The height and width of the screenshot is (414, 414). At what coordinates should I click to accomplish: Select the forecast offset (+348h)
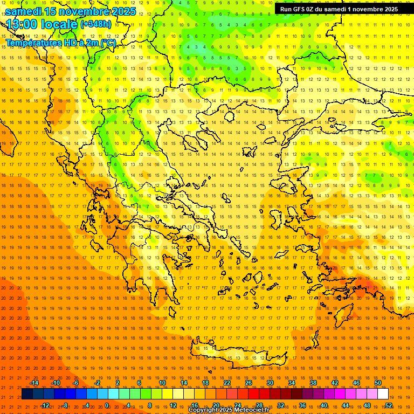click(x=95, y=24)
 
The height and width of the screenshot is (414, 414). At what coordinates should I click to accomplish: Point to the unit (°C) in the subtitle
click(x=108, y=43)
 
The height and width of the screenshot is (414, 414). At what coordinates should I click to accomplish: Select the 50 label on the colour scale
click(x=378, y=383)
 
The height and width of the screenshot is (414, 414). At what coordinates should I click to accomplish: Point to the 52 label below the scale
click(x=389, y=405)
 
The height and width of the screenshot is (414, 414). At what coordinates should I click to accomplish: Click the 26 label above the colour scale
click(x=249, y=383)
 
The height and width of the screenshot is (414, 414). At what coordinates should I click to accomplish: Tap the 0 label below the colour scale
click(x=107, y=405)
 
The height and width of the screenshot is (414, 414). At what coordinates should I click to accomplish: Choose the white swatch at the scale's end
click(x=383, y=394)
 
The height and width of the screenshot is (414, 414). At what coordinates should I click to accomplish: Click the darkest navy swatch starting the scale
click(x=27, y=394)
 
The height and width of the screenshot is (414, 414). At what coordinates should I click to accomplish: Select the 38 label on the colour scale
click(x=313, y=383)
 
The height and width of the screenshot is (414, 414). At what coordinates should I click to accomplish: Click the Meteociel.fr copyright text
click(x=229, y=410)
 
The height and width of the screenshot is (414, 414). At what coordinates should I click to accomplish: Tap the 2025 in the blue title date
click(x=123, y=11)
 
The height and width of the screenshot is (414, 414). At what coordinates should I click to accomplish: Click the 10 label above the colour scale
click(x=162, y=383)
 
